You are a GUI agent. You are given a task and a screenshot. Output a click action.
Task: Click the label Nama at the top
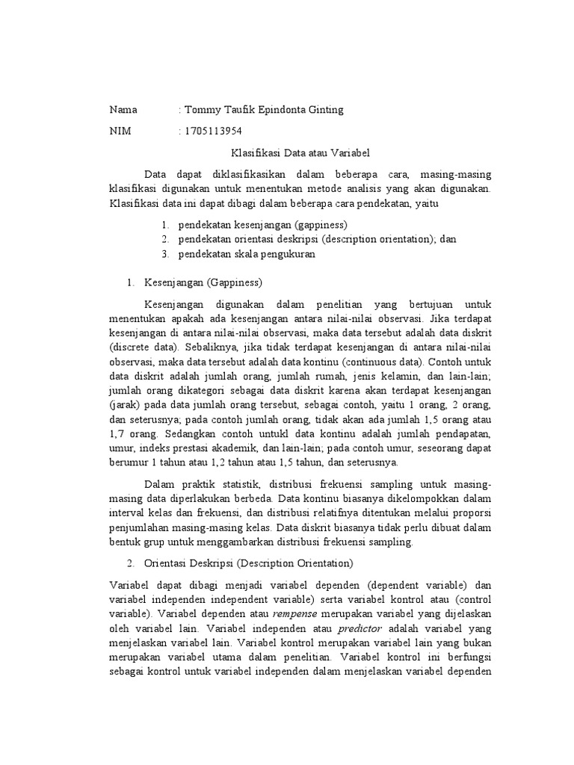tap(123, 110)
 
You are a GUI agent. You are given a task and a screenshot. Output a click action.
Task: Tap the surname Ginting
tap(324, 110)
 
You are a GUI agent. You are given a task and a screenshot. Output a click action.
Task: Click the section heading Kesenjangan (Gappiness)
tap(202, 283)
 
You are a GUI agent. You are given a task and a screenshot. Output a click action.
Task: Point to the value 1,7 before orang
tap(117, 433)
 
